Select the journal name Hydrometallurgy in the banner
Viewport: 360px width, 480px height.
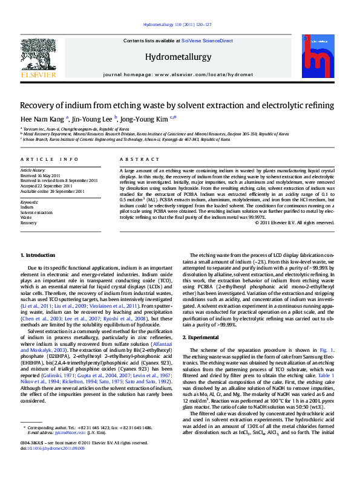177,56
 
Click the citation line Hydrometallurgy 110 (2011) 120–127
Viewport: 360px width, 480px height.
177,25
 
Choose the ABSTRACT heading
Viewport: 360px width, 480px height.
134,159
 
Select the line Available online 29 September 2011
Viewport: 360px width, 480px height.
53,190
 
